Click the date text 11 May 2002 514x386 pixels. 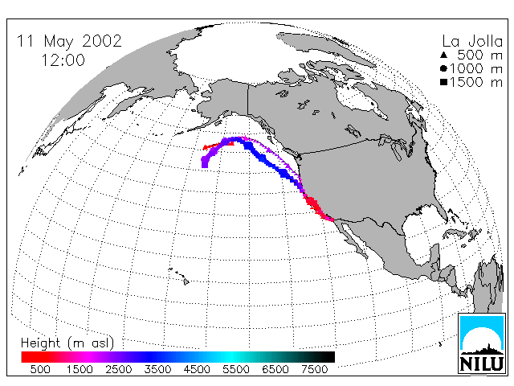click(69, 41)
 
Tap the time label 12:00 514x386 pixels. click(63, 60)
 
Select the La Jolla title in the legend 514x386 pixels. click(472, 41)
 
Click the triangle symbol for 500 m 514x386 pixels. click(444, 55)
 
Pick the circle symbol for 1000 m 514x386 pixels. click(444, 68)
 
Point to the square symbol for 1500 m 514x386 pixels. click(444, 82)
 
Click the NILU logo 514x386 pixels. click(482, 343)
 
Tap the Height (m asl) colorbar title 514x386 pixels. click(67, 343)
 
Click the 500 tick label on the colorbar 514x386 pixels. click(40, 369)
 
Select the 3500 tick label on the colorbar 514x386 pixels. click(157, 369)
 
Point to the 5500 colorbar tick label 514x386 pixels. click(236, 369)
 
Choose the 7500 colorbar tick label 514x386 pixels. click(314, 369)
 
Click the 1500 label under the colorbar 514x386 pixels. click(80, 369)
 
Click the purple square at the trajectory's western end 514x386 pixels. click(205, 162)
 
